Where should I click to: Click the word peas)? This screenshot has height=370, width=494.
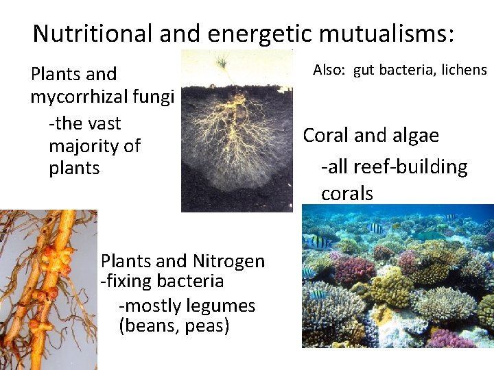click(x=207, y=325)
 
